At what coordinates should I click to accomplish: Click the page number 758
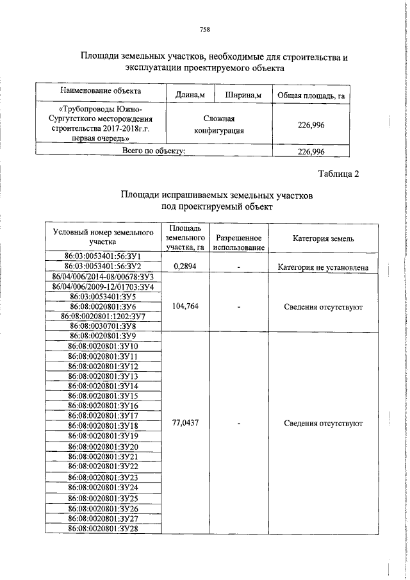(x=205, y=29)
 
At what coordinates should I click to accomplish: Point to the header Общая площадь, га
(x=311, y=95)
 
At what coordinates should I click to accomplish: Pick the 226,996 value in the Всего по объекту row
(x=311, y=151)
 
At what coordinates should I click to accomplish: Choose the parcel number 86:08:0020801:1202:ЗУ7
(x=103, y=316)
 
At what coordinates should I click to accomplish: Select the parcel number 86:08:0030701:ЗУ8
(x=103, y=326)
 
